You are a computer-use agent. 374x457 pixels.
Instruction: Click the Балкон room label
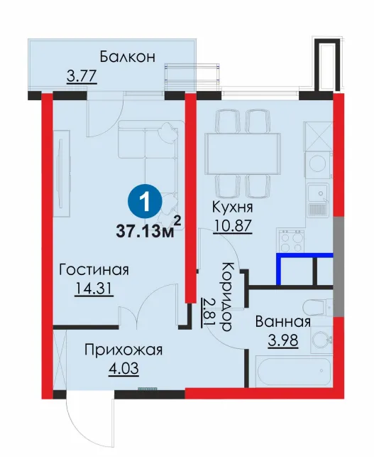(128, 57)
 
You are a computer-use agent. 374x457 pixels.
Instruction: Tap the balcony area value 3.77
(82, 77)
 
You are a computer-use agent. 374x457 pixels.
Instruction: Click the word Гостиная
(94, 269)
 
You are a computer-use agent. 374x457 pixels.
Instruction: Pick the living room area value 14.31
(94, 289)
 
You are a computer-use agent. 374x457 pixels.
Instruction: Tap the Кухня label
(233, 208)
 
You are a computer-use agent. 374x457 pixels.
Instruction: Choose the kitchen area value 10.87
(233, 225)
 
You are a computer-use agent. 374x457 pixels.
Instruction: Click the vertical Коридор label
(226, 296)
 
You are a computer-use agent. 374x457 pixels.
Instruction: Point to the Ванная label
(283, 322)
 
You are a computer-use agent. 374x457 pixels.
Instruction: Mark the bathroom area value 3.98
(283, 340)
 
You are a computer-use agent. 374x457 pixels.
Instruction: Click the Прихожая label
(123, 350)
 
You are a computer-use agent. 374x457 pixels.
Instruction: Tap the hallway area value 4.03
(123, 369)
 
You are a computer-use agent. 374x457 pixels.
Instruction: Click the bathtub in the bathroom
(293, 370)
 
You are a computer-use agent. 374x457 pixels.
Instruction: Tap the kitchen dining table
(243, 154)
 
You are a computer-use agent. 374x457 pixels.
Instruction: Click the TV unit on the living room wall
(62, 173)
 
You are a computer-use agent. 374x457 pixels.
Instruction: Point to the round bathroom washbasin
(321, 339)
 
